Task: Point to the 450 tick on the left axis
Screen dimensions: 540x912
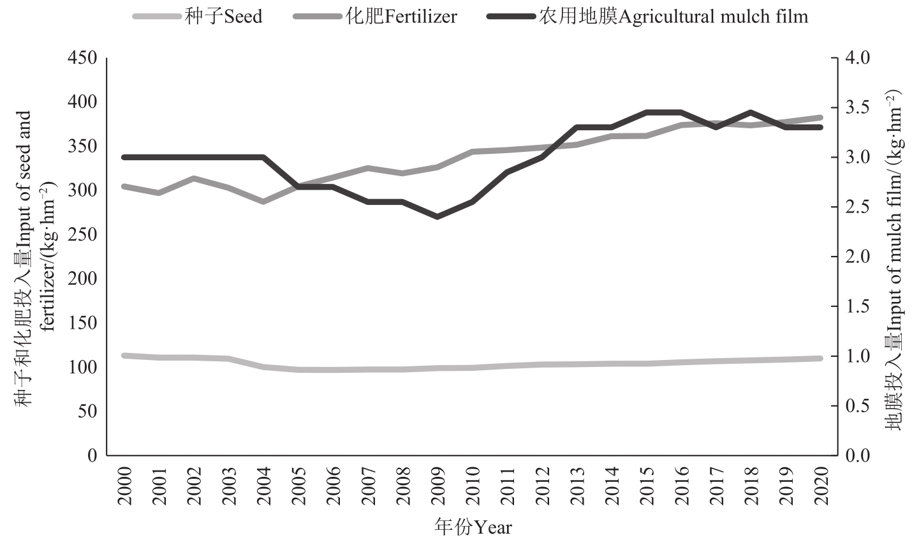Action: coord(84,58)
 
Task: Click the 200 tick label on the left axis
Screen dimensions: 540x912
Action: coord(84,279)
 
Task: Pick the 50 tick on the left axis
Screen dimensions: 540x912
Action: coord(89,411)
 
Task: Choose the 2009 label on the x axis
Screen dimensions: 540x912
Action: coord(438,486)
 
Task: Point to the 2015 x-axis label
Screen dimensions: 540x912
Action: coord(647,486)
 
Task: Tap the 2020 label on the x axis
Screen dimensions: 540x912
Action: coord(821,486)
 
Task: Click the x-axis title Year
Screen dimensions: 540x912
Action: coord(473,527)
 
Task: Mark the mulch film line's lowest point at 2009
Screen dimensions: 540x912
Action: coord(438,216)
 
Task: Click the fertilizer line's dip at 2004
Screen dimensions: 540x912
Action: coord(263,201)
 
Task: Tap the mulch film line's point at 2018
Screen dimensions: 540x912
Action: coord(751,112)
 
